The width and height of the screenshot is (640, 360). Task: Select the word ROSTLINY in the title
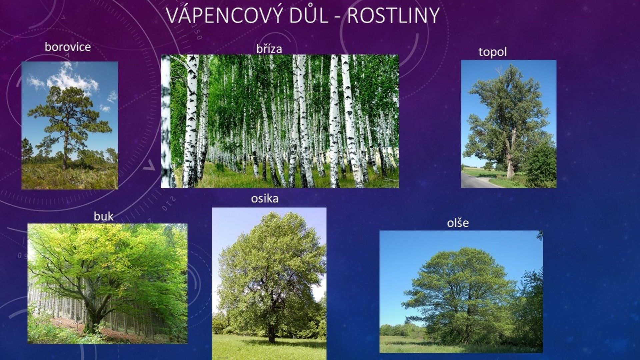pos(393,15)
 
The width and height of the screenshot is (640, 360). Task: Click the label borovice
pos(68,47)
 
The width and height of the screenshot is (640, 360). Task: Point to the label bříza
pos(269,49)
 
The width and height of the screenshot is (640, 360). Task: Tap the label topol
pos(492,52)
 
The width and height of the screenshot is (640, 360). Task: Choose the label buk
pos(103,216)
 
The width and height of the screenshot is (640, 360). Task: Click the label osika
pos(265,199)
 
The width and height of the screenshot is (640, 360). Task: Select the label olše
pos(458,223)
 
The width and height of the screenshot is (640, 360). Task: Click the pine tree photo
pos(70,125)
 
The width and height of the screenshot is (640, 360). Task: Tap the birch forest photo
pos(280,121)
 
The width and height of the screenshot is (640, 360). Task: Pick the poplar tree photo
pos(509,124)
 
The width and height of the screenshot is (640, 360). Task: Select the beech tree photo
pos(107,284)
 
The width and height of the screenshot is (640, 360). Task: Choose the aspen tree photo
pos(269,284)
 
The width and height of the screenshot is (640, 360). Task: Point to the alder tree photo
pos(461,292)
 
